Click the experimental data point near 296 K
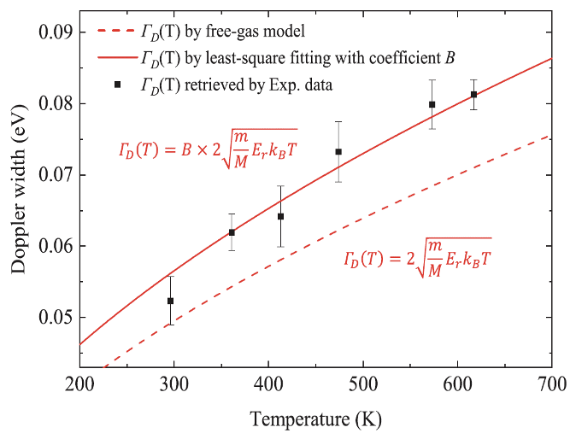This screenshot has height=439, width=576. click(x=170, y=301)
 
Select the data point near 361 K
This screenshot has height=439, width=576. click(x=232, y=232)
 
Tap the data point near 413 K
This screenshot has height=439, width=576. click(x=280, y=216)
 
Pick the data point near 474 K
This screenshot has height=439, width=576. click(x=338, y=152)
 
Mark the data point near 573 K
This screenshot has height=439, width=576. click(x=432, y=104)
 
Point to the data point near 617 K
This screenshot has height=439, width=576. click(x=473, y=94)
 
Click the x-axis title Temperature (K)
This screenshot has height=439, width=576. click(x=316, y=419)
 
